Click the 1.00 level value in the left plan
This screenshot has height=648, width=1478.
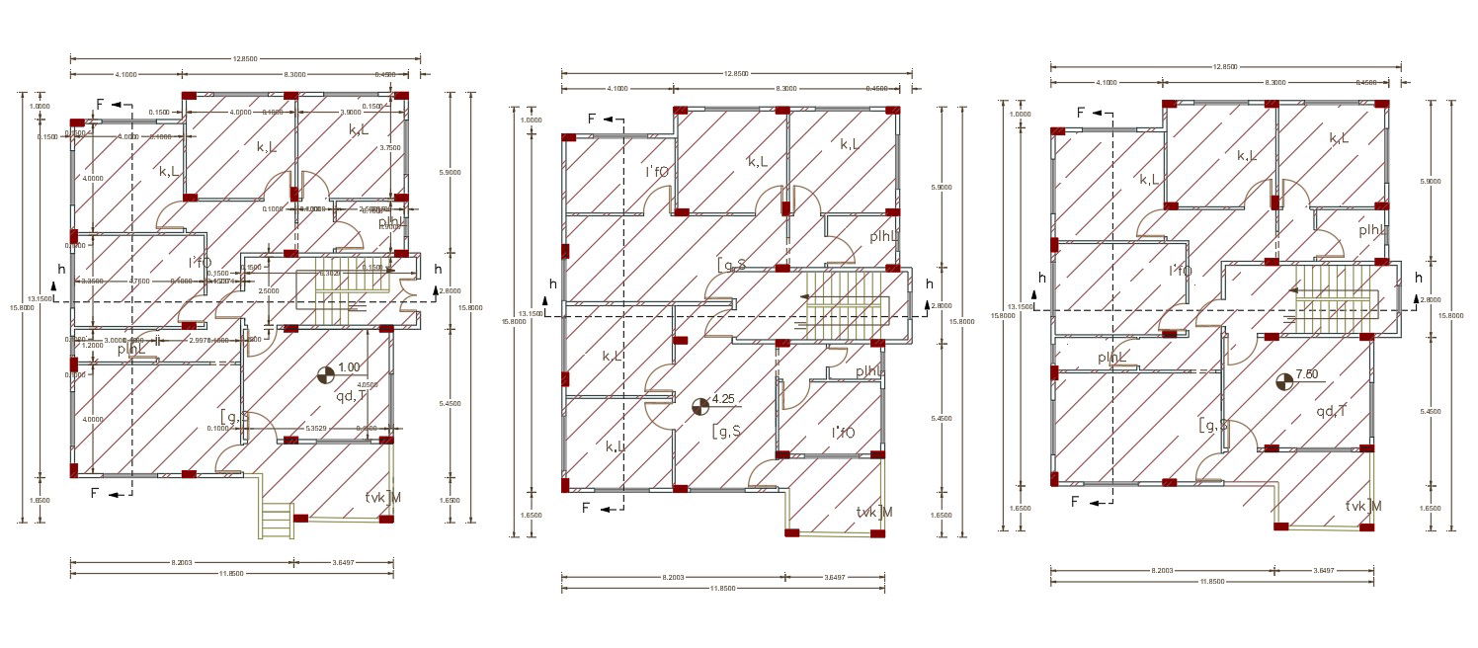349,367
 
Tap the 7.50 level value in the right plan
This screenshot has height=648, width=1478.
1307,373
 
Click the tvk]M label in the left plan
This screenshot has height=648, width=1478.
383,497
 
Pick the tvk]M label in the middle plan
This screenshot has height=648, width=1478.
875,512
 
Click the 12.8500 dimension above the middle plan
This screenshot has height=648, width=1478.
736,73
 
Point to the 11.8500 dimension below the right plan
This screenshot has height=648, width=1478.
1210,582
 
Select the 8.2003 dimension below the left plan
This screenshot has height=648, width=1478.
181,561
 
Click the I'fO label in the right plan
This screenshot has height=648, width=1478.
1180,270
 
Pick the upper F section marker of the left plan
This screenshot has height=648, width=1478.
100,104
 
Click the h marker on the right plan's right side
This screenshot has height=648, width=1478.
1419,278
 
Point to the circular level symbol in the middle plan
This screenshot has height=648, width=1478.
700,405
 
